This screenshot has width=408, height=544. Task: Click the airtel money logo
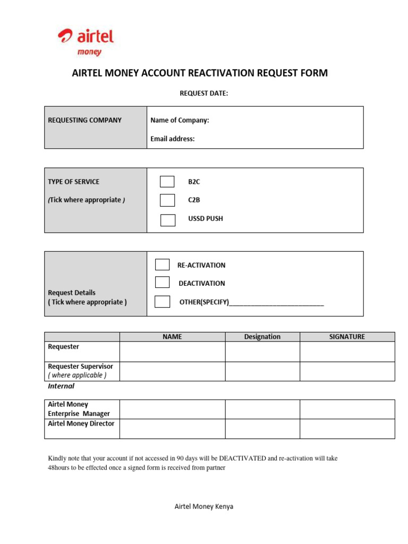pos(86,41)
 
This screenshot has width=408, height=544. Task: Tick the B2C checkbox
pos(167,182)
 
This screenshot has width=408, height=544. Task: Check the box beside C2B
pos(167,200)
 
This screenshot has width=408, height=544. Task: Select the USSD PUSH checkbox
pos(168,220)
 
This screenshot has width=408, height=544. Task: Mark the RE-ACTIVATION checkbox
pos(162,265)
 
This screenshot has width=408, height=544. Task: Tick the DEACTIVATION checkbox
pos(162,283)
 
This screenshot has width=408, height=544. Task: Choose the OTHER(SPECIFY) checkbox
pos(162,302)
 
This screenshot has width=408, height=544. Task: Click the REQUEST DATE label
pos(203,93)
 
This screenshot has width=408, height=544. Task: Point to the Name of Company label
pos(180,121)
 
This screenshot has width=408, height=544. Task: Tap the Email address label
pos(173,139)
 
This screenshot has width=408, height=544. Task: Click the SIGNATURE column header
pos(347,337)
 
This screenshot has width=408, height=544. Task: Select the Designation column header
pos(262,337)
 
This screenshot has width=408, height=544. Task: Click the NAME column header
pos(172,337)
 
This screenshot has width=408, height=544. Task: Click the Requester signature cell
pos(347,351)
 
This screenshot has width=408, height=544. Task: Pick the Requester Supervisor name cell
pos(172,371)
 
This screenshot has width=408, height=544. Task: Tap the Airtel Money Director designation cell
pos(262,428)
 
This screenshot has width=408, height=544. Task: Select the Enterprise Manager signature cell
pos(347,409)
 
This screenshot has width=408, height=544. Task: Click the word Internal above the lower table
pos(61,386)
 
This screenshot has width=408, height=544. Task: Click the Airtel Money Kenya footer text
pos(203,506)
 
